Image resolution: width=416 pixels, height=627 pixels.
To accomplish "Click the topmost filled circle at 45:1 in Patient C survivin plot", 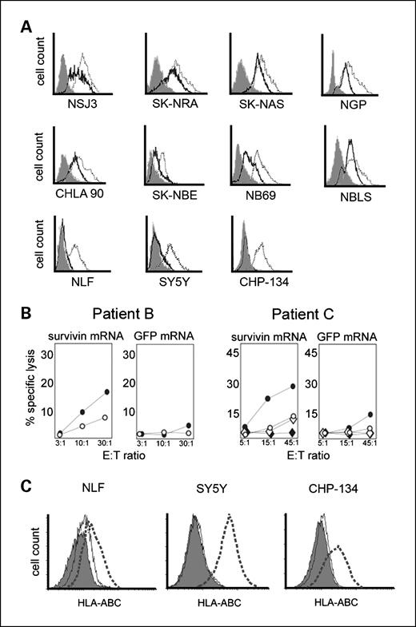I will pyautogui.click(x=293, y=386).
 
